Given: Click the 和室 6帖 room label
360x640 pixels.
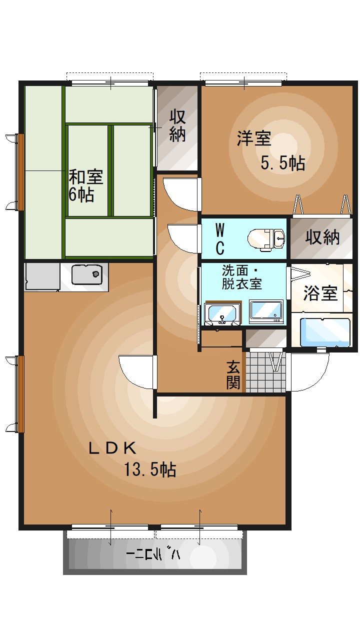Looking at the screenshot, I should (x=85, y=185).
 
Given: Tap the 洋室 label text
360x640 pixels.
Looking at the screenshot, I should (x=254, y=138).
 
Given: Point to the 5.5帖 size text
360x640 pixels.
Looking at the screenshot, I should (x=282, y=163).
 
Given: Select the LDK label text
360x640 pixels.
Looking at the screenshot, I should (x=112, y=448).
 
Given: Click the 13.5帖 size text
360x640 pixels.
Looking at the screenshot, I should (x=150, y=469).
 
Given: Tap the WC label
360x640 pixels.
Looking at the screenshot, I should (x=219, y=238).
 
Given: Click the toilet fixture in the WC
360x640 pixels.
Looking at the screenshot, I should (x=267, y=238).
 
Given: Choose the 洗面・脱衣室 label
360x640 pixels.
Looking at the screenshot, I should (x=242, y=277).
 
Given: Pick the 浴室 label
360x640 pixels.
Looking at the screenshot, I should (x=320, y=293).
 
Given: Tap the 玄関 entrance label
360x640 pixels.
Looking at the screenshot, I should (x=233, y=374).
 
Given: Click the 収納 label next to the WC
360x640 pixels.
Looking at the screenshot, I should (x=322, y=238).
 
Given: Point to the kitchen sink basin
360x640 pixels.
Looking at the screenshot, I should (x=87, y=274).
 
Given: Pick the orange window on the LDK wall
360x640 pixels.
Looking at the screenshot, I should (x=21, y=393).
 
